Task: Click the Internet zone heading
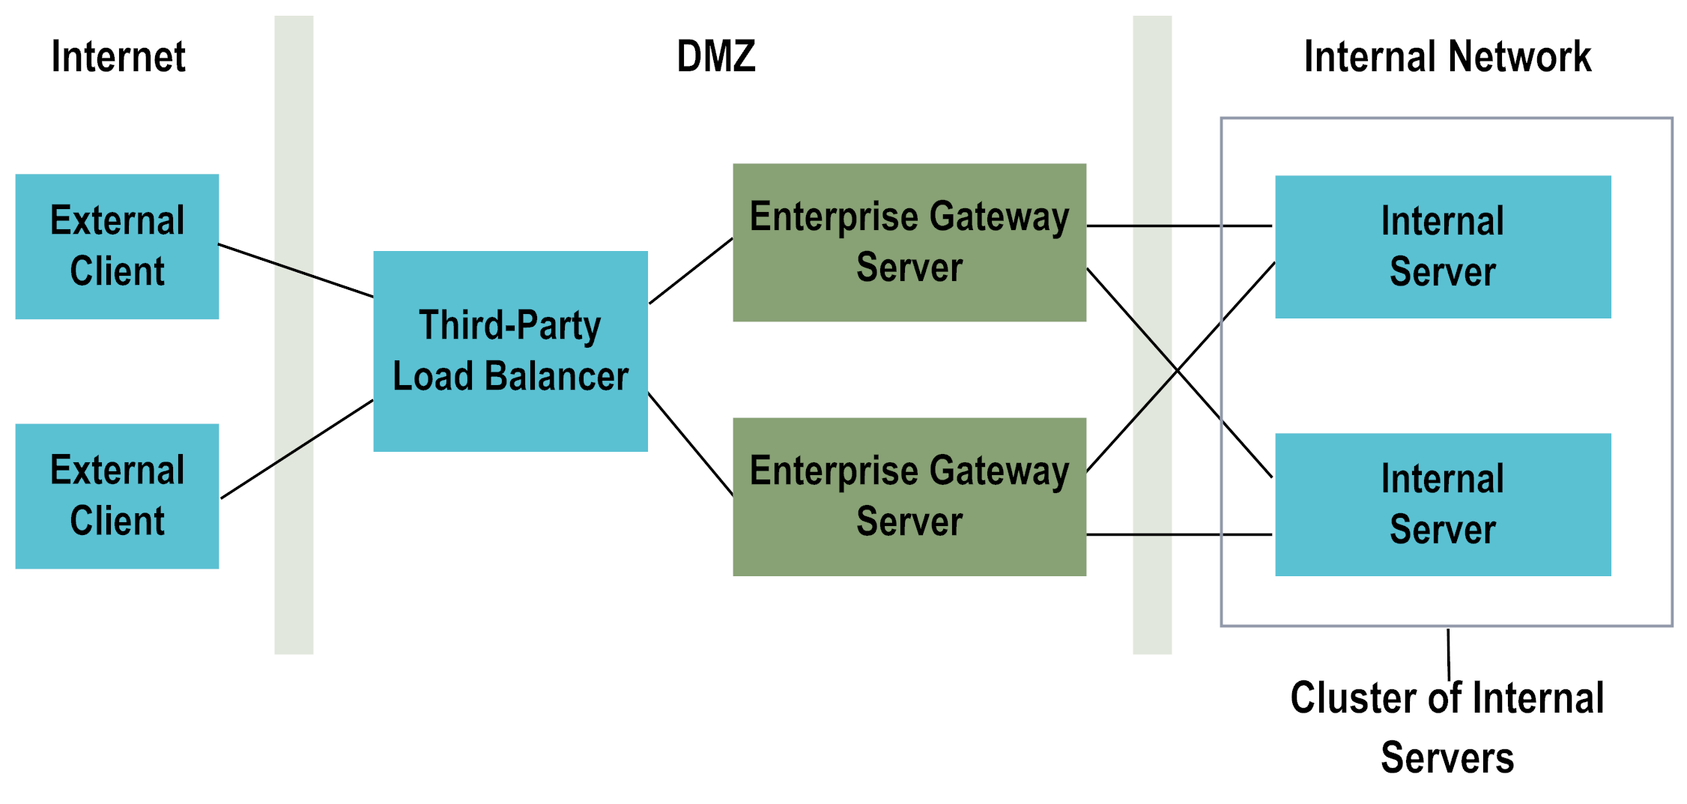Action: click(118, 57)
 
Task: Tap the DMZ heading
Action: click(716, 57)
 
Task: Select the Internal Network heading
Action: click(1447, 57)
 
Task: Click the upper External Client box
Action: click(117, 247)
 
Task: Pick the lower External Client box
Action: click(117, 496)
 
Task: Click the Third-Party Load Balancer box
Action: click(510, 351)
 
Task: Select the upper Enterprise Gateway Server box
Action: click(909, 242)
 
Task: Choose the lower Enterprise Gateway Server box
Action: click(909, 496)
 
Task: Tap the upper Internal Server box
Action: click(1442, 247)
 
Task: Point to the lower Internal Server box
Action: click(1442, 504)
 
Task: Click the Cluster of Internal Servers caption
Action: click(1447, 727)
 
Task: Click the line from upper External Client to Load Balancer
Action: click(296, 270)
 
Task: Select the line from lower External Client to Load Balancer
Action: click(297, 449)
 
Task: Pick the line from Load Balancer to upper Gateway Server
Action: click(691, 271)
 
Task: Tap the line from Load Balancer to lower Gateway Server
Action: click(690, 444)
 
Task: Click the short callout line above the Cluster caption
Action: click(1449, 654)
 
